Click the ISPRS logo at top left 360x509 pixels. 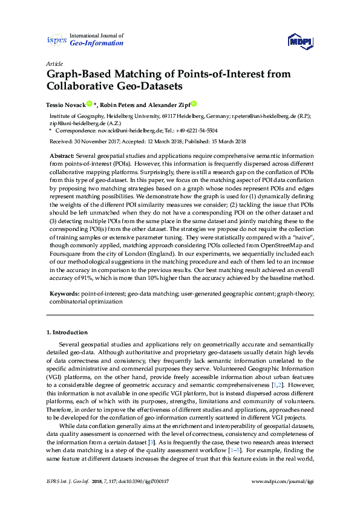[x=56, y=40]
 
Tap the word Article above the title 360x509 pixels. [x=53, y=63]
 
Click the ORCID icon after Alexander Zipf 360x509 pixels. [x=194, y=104]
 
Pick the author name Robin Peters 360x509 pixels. [x=116, y=104]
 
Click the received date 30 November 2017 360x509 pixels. [x=100, y=141]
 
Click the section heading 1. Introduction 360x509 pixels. [x=67, y=332]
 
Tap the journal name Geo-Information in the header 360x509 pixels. [x=97, y=44]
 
